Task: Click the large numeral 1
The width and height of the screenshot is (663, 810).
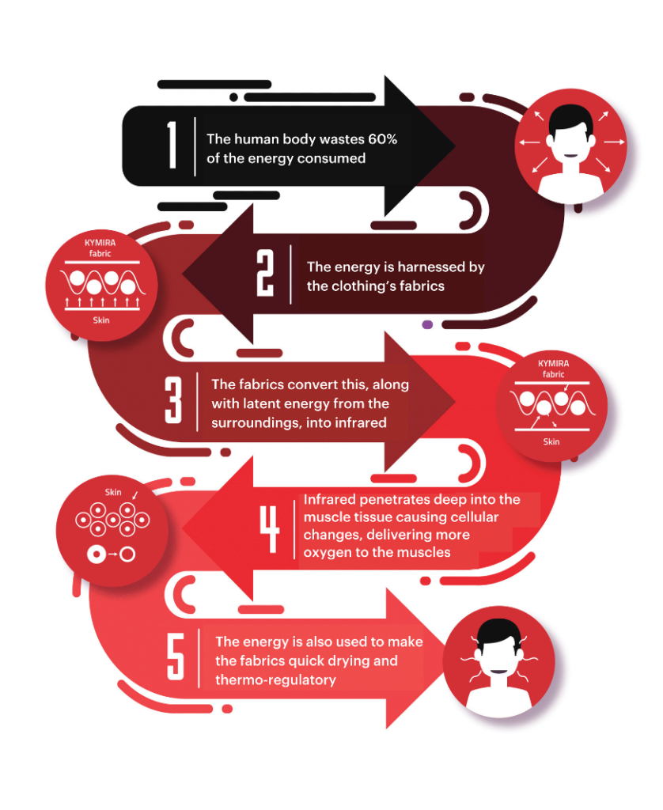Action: point(172,146)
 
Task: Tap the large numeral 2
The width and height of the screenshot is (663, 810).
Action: point(265,273)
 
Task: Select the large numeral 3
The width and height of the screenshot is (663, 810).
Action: point(173,400)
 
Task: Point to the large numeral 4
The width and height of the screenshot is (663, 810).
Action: point(269,529)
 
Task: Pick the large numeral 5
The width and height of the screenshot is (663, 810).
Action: point(176,657)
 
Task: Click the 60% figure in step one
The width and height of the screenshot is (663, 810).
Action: point(382,139)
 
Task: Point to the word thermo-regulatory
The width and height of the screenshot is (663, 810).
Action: point(275,679)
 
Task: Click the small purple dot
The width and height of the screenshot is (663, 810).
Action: point(427,324)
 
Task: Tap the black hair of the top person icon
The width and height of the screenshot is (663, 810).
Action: point(570,119)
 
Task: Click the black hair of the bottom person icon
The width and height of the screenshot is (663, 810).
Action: point(498,632)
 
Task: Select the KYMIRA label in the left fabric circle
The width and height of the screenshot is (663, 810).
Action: point(100,242)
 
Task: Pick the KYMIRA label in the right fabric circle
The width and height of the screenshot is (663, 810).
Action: point(554,363)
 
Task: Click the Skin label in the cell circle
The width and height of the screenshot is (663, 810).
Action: point(113,492)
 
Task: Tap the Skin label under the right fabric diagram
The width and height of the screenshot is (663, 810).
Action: point(551,441)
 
